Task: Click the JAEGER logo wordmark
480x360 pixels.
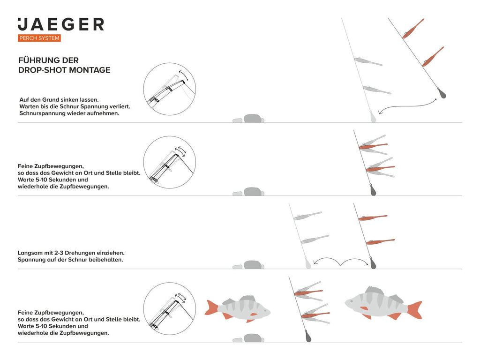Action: click(61, 24)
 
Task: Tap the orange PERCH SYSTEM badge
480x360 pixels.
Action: click(39, 38)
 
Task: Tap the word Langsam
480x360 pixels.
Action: click(30, 253)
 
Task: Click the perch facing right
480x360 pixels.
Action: click(238, 309)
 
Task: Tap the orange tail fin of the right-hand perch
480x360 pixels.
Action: click(415, 310)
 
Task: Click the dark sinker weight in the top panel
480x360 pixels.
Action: click(441, 93)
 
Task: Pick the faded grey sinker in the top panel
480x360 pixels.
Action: click(373, 116)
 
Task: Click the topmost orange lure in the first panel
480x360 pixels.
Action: click(413, 29)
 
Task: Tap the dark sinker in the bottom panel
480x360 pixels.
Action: click(308, 336)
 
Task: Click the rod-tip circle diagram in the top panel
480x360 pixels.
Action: click(170, 89)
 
